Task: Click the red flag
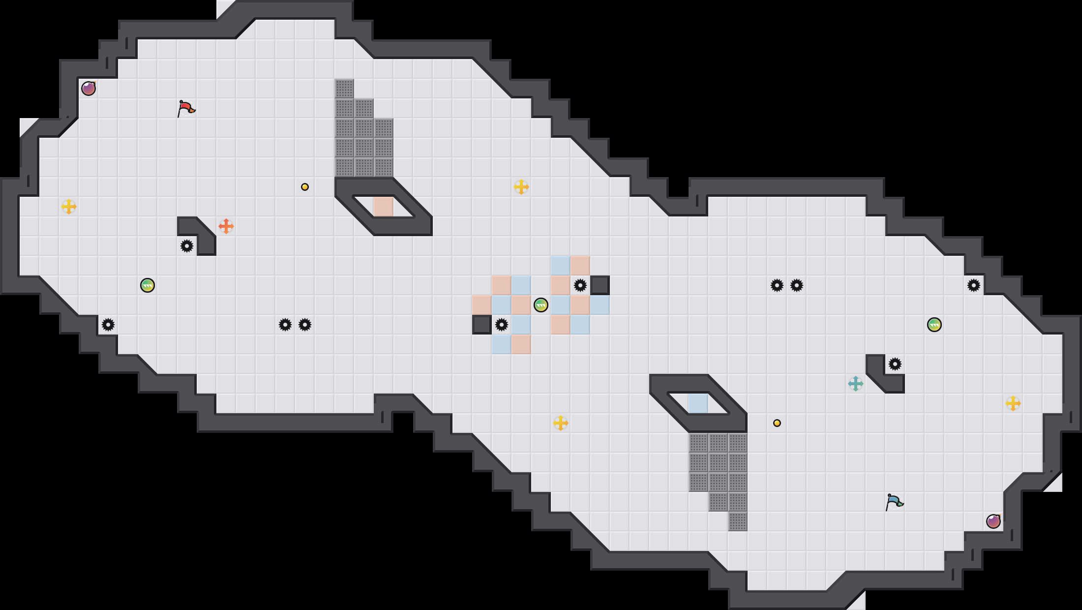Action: pyautogui.click(x=186, y=108)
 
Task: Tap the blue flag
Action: pyautogui.click(x=894, y=502)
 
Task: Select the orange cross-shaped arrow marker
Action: pyautogui.click(x=226, y=226)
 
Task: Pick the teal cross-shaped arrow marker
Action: pyautogui.click(x=856, y=384)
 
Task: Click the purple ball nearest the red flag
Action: pyautogui.click(x=89, y=89)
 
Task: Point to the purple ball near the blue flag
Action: pyautogui.click(x=993, y=521)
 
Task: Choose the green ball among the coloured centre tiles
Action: pyautogui.click(x=541, y=305)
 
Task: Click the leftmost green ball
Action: pyautogui.click(x=148, y=285)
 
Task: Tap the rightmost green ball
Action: pyautogui.click(x=934, y=325)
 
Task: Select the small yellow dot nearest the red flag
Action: pyautogui.click(x=305, y=187)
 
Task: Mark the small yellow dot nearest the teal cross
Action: pyautogui.click(x=777, y=423)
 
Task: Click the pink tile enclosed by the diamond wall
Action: pyautogui.click(x=384, y=207)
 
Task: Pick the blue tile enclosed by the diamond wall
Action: pyautogui.click(x=698, y=403)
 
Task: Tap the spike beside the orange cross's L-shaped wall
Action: pyautogui.click(x=187, y=246)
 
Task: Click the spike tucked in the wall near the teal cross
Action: pyautogui.click(x=895, y=364)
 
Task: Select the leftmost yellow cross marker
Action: pyautogui.click(x=69, y=207)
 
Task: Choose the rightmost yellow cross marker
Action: pyautogui.click(x=1013, y=403)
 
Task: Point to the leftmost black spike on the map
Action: pyautogui.click(x=108, y=325)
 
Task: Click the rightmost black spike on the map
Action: pyautogui.click(x=974, y=285)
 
